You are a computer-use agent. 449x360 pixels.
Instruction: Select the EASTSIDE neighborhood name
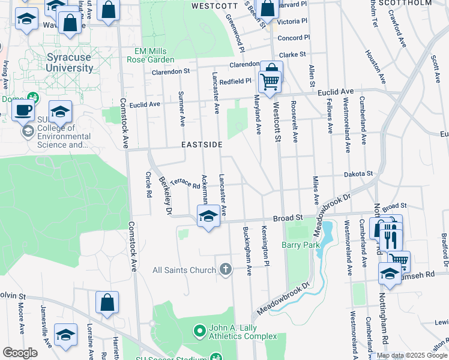point(202,145)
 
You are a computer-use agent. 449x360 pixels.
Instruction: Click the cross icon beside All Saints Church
point(226,270)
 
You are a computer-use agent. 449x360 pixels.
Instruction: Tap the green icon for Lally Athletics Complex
point(200,331)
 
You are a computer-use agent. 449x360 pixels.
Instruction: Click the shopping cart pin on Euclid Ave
point(271,79)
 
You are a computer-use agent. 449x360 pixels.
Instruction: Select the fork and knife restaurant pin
point(391,238)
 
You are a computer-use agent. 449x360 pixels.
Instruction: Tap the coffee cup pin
point(23,110)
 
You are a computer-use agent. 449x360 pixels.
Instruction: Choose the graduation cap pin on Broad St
point(208,215)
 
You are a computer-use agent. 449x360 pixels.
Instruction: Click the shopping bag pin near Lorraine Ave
point(107,302)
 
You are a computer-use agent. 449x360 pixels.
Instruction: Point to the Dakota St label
point(358,173)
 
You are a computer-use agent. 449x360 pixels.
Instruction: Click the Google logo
point(20,353)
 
